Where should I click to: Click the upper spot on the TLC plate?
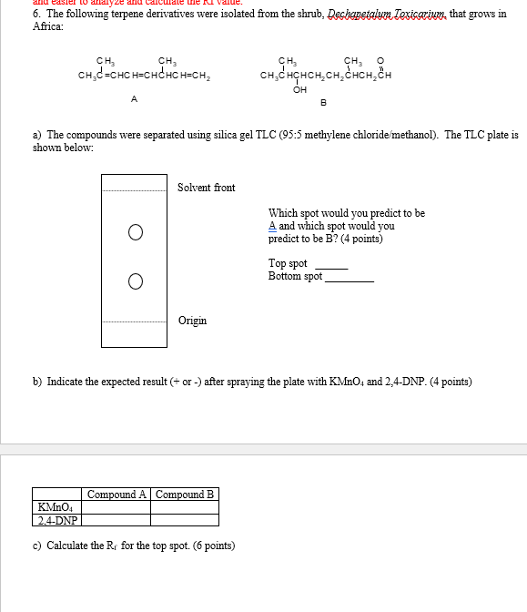pos(135,232)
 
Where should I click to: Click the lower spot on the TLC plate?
pos(135,280)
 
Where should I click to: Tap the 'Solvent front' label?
pos(206,188)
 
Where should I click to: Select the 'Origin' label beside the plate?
pos(192,321)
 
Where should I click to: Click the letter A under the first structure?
pos(135,97)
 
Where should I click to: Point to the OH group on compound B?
pos(299,89)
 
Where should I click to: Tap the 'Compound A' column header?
pos(117,495)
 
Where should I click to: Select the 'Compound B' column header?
pos(185,495)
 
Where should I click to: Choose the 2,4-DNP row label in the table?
pos(56,520)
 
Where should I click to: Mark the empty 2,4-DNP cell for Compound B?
pos(185,520)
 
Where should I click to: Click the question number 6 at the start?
pos(35,15)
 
